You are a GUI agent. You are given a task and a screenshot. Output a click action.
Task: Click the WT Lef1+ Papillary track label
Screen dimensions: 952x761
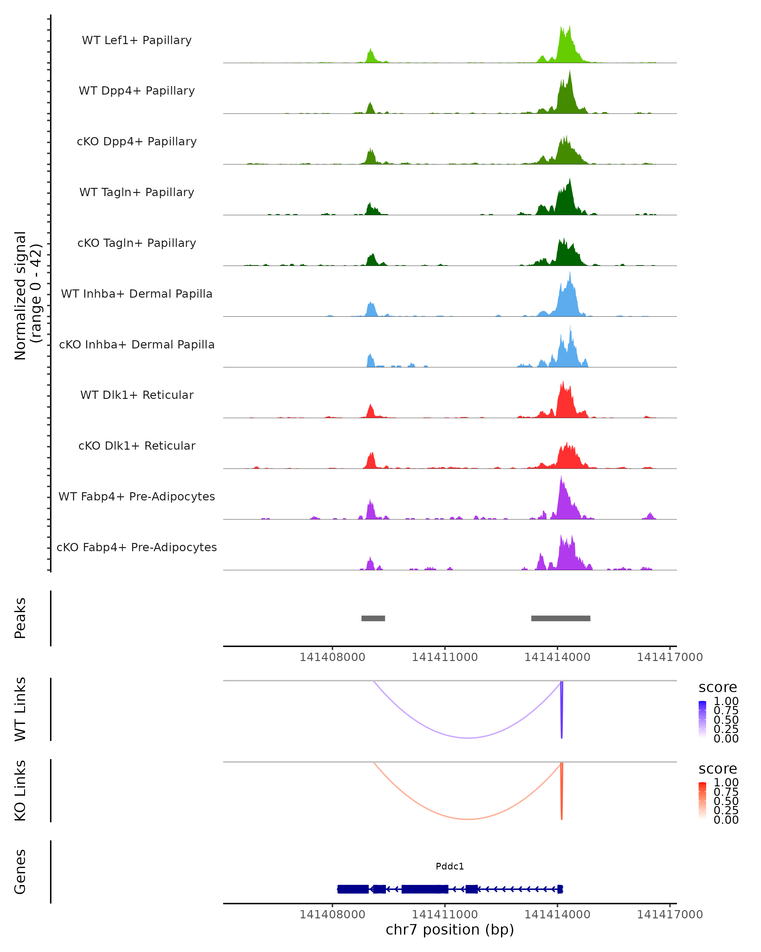(137, 40)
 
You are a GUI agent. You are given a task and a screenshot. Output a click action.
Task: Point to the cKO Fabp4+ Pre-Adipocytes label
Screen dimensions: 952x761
(137, 547)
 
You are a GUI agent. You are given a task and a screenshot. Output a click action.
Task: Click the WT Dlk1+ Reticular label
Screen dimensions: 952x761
(137, 395)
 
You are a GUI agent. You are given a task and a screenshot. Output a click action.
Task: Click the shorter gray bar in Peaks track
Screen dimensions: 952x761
(373, 618)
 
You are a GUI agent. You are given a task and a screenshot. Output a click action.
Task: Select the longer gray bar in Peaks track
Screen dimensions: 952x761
(561, 618)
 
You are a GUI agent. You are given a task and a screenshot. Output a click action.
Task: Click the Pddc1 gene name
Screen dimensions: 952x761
(450, 866)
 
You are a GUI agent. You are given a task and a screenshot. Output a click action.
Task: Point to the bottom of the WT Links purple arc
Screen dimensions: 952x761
(468, 737)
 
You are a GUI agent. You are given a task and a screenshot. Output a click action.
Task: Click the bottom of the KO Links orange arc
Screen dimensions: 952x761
(468, 819)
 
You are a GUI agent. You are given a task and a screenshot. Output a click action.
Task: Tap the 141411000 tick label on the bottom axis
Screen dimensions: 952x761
(445, 915)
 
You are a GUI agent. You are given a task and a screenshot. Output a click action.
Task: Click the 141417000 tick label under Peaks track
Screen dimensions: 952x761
(670, 657)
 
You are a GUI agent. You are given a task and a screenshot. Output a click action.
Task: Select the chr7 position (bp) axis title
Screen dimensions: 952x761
(450, 929)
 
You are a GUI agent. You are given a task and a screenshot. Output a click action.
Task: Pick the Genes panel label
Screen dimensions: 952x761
(20, 872)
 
